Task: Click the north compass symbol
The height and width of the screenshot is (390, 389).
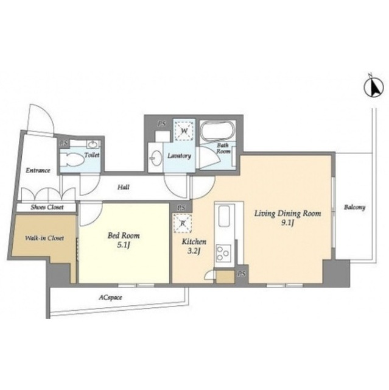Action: click(373, 87)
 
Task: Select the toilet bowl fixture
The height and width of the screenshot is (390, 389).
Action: click(73, 160)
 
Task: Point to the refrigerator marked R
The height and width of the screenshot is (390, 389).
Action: click(183, 223)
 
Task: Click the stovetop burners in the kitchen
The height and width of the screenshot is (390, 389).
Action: click(223, 253)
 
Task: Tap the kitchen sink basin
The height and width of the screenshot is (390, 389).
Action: click(223, 216)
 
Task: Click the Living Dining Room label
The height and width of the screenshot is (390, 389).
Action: click(287, 213)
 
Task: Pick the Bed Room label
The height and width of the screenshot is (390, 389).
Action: click(124, 235)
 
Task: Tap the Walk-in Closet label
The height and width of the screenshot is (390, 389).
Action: click(44, 238)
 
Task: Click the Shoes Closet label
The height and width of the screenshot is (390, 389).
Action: click(47, 207)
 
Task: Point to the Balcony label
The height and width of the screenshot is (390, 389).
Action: click(354, 207)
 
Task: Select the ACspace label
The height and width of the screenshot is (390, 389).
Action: click(110, 297)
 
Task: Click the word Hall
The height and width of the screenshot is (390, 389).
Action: click(124, 187)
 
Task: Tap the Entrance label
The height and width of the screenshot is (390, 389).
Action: click(38, 171)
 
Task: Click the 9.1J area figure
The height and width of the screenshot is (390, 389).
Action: click(288, 223)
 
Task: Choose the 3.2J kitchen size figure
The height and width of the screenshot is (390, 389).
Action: click(194, 251)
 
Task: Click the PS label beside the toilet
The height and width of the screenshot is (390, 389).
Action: click(64, 144)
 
